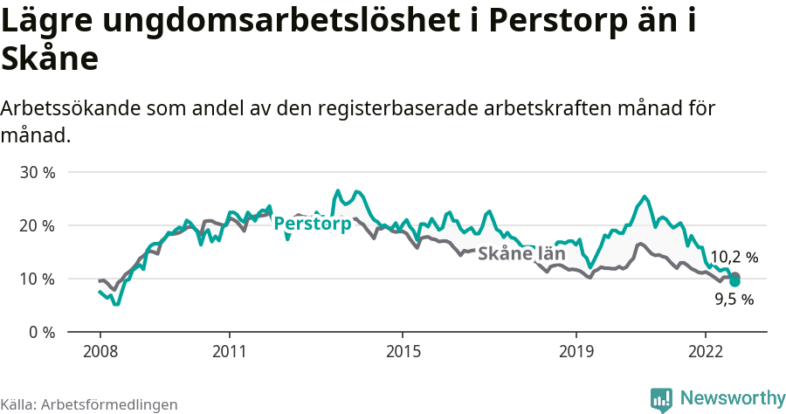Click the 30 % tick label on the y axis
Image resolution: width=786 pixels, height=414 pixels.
coord(38,172)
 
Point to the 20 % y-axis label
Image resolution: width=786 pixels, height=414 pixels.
coord(38,225)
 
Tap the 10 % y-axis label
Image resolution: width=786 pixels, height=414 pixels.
coord(38,279)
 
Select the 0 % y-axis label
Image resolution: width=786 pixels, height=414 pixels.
coord(41,332)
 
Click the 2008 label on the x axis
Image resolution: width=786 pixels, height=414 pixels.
coord(100,352)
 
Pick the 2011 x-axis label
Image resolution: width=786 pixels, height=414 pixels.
coord(229,352)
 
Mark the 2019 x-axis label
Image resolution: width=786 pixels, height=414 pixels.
coord(575,352)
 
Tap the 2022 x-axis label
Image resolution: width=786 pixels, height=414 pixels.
coord(705,352)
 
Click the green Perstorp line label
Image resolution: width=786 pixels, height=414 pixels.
coord(313,224)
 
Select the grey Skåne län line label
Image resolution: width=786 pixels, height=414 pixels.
coord(521,254)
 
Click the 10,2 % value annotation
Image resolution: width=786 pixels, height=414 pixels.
coord(734,257)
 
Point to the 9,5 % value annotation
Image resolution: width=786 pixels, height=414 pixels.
coord(734,300)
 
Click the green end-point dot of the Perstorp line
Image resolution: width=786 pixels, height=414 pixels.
coord(735,281)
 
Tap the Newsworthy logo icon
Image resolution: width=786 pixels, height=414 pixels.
coord(662,399)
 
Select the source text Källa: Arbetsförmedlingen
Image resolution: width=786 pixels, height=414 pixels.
coord(89,404)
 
